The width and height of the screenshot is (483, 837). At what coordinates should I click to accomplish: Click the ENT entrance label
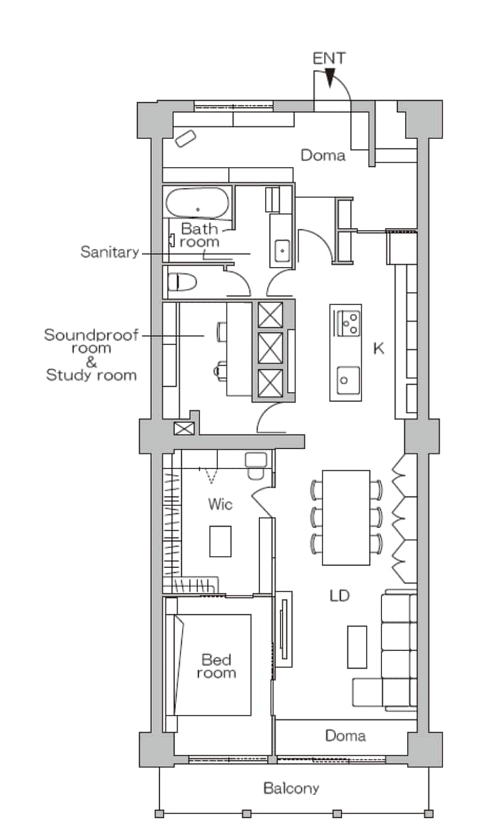pyautogui.click(x=329, y=58)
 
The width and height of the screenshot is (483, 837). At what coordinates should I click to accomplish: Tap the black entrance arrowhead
pyautogui.click(x=330, y=78)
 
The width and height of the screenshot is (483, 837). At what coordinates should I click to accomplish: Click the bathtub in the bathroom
pyautogui.click(x=197, y=203)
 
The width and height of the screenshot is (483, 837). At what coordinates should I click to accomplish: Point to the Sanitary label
pyautogui.click(x=109, y=252)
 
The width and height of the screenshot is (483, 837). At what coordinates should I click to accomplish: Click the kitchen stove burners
pyautogui.click(x=350, y=322)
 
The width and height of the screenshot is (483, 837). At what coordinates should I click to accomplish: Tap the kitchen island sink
pyautogui.click(x=345, y=380)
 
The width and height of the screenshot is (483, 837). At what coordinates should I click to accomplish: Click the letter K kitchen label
pyautogui.click(x=379, y=349)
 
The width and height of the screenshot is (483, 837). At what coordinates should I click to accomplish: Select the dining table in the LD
pyautogui.click(x=346, y=518)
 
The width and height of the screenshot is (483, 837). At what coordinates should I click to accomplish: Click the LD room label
pyautogui.click(x=340, y=595)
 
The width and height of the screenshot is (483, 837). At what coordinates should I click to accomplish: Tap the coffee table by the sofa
pyautogui.click(x=357, y=647)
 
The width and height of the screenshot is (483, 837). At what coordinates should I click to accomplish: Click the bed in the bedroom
pyautogui.click(x=212, y=664)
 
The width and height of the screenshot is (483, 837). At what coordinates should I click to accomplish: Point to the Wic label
pyautogui.click(x=220, y=504)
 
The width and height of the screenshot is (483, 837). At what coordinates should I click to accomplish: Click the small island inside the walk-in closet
pyautogui.click(x=220, y=541)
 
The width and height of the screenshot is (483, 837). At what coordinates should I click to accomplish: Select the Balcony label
pyautogui.click(x=291, y=789)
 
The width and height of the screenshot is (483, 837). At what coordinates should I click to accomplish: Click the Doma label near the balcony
pyautogui.click(x=346, y=735)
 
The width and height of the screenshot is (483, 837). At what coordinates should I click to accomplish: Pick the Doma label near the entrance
pyautogui.click(x=323, y=155)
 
